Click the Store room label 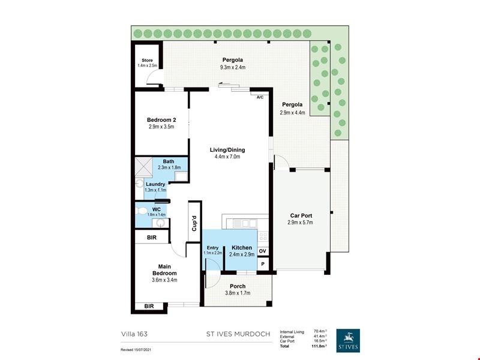pyautogui.click(x=147, y=61)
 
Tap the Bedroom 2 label pyautogui.click(x=161, y=120)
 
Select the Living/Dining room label pyautogui.click(x=227, y=150)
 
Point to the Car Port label pyautogui.click(x=301, y=215)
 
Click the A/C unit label pyautogui.click(x=260, y=97)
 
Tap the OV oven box pyautogui.click(x=263, y=251)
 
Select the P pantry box pyautogui.click(x=263, y=264)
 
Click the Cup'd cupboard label pyautogui.click(x=194, y=223)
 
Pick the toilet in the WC pyautogui.click(x=141, y=211)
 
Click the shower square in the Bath pyautogui.click(x=143, y=167)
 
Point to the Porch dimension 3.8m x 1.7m pyautogui.click(x=238, y=293)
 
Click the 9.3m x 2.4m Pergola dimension pyautogui.click(x=233, y=67)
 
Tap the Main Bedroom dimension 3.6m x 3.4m pyautogui.click(x=164, y=280)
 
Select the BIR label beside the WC pyautogui.click(x=152, y=238)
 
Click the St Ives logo pyautogui.click(x=348, y=340)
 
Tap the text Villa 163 pyautogui.click(x=134, y=334)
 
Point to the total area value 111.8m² pyautogui.click(x=319, y=346)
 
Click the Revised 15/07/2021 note pyautogui.click(x=136, y=350)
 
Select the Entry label pyautogui.click(x=213, y=248)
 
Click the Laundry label pyautogui.click(x=155, y=184)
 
